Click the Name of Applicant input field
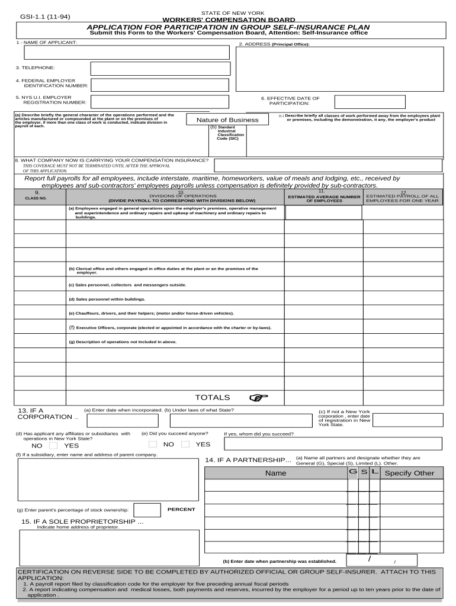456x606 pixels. tap(126, 52)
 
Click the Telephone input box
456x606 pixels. tap(159, 69)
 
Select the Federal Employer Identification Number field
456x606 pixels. tap(159, 84)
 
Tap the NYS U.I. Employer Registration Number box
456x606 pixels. tap(159, 102)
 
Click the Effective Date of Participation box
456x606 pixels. tap(370, 102)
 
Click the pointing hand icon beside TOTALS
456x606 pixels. tap(259, 398)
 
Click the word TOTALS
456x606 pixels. tap(213, 398)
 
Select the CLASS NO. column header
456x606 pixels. tap(36, 198)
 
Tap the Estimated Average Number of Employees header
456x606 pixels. tap(324, 198)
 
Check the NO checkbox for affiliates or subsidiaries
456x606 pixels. tap(53, 446)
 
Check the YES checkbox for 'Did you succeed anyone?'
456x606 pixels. tap(185, 444)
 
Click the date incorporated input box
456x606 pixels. tap(123, 421)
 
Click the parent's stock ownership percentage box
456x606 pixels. tap(147, 510)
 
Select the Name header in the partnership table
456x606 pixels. tap(275, 473)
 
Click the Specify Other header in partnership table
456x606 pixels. tap(409, 473)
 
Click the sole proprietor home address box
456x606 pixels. tap(109, 547)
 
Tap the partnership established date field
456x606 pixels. tap(381, 560)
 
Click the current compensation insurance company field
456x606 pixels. tap(327, 165)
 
